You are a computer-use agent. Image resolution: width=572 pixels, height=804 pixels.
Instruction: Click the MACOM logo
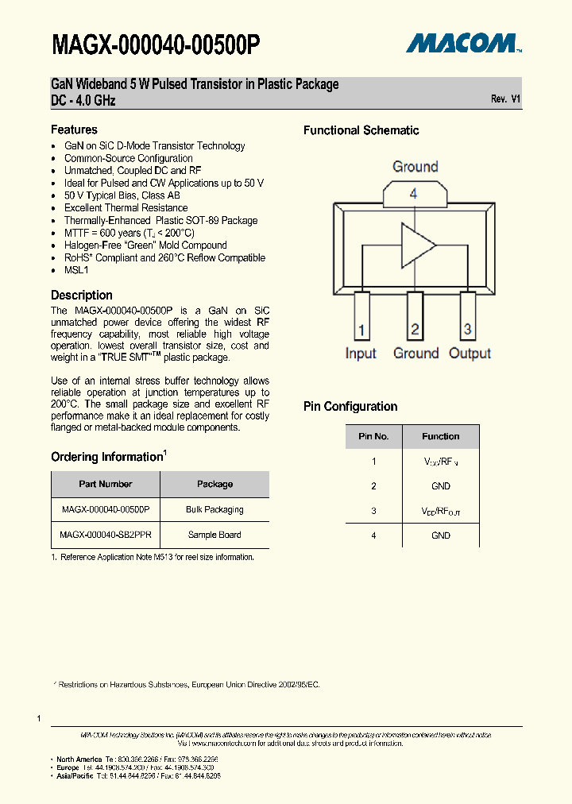[463, 43]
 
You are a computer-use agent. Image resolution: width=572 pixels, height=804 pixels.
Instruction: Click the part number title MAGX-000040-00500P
[156, 45]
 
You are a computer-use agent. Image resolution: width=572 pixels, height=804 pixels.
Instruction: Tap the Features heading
[74, 129]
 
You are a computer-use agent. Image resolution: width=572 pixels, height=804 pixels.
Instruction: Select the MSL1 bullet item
[76, 270]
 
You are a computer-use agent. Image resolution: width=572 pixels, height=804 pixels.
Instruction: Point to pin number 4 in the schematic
[413, 193]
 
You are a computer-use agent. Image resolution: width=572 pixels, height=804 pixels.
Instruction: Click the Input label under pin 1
[361, 354]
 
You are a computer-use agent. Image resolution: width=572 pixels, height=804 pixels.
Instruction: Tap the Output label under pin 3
[470, 354]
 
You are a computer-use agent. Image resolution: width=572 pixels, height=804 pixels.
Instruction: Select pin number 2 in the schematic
[415, 329]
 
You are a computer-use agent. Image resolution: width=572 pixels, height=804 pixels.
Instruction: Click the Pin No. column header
[373, 436]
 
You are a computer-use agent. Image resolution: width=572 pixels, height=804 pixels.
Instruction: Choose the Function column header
[441, 436]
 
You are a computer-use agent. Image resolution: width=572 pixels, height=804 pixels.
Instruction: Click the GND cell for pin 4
[441, 535]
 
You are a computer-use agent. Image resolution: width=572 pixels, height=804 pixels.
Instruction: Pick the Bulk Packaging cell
[214, 509]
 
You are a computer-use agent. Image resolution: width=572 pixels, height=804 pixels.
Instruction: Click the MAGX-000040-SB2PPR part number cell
[106, 535]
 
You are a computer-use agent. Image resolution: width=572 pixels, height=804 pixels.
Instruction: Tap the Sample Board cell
[214, 535]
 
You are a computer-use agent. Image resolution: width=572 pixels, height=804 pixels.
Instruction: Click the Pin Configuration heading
[350, 407]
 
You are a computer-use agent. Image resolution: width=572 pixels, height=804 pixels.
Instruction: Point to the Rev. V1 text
[505, 99]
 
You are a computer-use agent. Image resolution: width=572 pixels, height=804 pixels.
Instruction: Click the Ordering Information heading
[107, 457]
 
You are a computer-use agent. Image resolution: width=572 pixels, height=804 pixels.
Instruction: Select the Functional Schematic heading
[361, 130]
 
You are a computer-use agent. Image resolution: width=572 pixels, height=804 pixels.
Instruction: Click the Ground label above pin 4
[415, 167]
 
